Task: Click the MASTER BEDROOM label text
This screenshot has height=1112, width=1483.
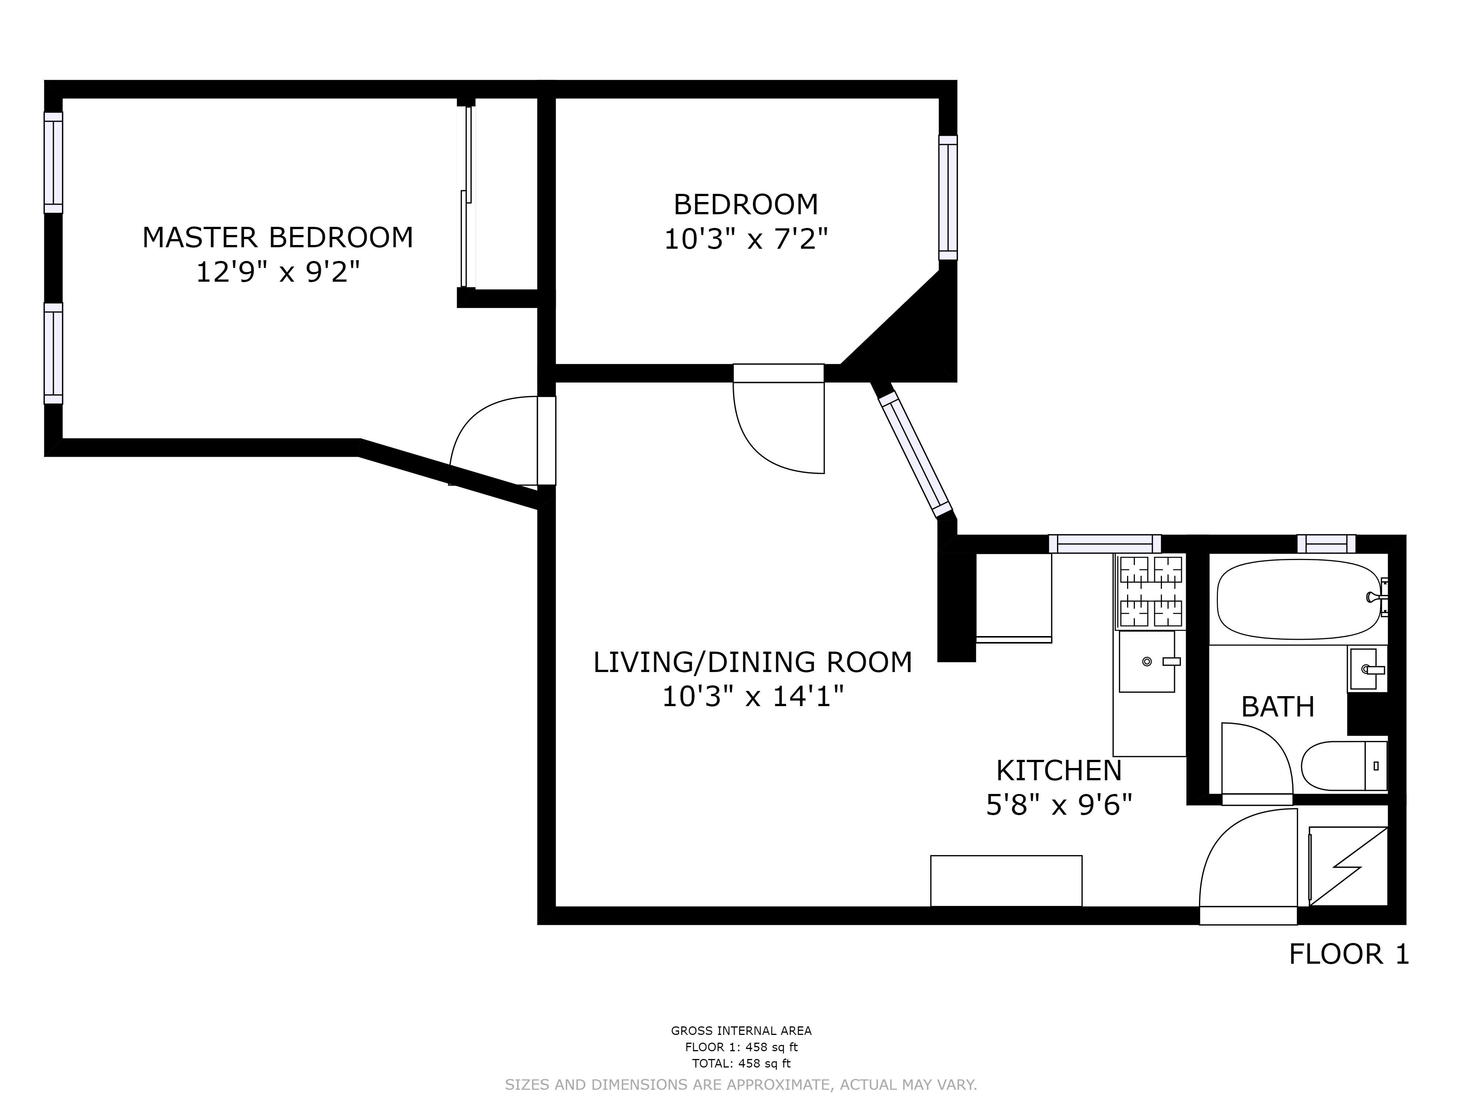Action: (278, 238)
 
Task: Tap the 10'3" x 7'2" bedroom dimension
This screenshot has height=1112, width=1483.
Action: (746, 239)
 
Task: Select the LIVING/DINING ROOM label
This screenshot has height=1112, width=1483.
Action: (752, 662)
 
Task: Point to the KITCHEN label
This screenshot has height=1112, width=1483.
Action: (1058, 771)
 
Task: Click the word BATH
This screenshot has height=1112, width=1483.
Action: (1277, 707)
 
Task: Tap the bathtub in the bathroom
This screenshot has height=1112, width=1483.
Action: (1299, 599)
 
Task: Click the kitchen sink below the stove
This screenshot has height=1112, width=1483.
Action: (1147, 662)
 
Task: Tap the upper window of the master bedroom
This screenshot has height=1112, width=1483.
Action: (54, 163)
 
